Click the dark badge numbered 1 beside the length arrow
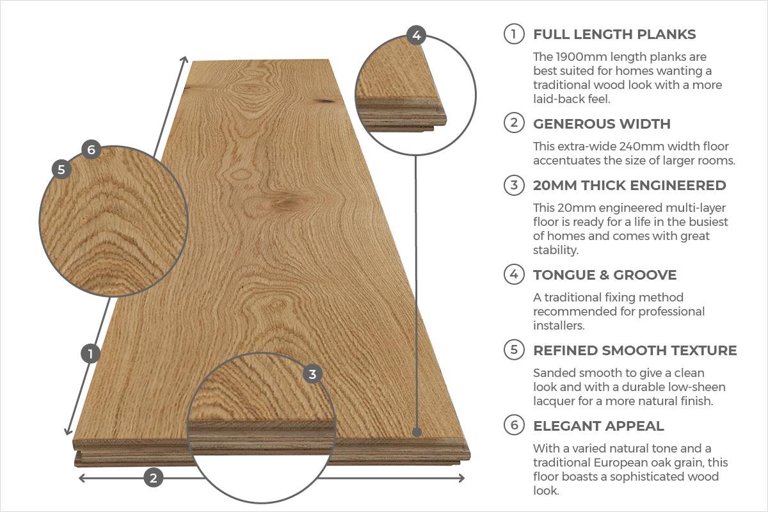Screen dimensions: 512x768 [x=90, y=353]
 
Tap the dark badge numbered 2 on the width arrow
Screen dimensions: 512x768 [x=153, y=477]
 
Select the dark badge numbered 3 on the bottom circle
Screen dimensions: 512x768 [x=312, y=374]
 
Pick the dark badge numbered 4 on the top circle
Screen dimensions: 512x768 [x=417, y=35]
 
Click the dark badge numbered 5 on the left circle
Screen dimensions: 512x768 [x=61, y=169]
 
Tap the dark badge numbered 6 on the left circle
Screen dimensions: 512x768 [x=91, y=150]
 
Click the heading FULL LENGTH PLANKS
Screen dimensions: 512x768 [x=614, y=34]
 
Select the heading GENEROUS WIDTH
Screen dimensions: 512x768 [x=602, y=124]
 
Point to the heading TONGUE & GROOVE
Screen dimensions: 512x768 [x=604, y=275]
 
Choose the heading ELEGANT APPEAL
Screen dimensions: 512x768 [x=598, y=426]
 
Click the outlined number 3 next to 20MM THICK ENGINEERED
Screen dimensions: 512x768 [x=513, y=185]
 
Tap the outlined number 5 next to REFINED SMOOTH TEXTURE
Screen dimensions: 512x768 [x=513, y=350]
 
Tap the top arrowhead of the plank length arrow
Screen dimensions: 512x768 [x=185, y=60]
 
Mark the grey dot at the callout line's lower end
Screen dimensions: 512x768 [x=417, y=432]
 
